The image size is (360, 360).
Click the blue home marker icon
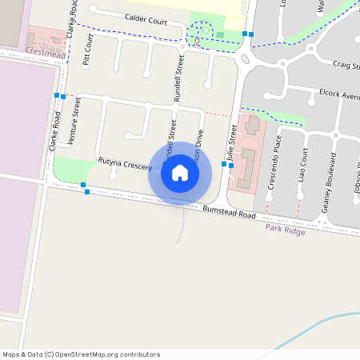coord(180,173)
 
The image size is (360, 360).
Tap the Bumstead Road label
coord(229,212)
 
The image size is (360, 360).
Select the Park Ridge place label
coord(285,228)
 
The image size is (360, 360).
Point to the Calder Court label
coord(146,20)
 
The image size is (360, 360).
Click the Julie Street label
coord(231,150)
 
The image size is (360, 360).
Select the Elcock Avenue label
coord(338,94)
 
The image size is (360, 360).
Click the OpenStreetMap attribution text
coord(81,354)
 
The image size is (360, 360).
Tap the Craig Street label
coord(346,66)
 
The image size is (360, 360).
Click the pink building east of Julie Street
coord(248,156)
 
